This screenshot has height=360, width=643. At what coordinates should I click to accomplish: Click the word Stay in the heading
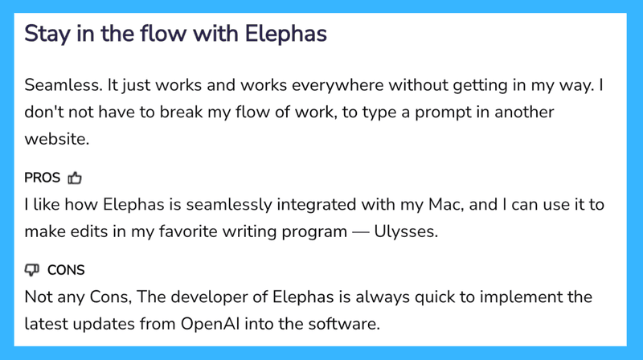pyautogui.click(x=44, y=35)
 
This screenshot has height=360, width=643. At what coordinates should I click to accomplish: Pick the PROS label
pyautogui.click(x=42, y=178)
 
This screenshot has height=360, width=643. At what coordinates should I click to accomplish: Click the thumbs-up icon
pyautogui.click(x=75, y=178)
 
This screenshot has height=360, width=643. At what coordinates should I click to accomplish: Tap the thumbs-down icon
pyautogui.click(x=32, y=270)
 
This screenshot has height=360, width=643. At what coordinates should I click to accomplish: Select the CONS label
pyautogui.click(x=66, y=270)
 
